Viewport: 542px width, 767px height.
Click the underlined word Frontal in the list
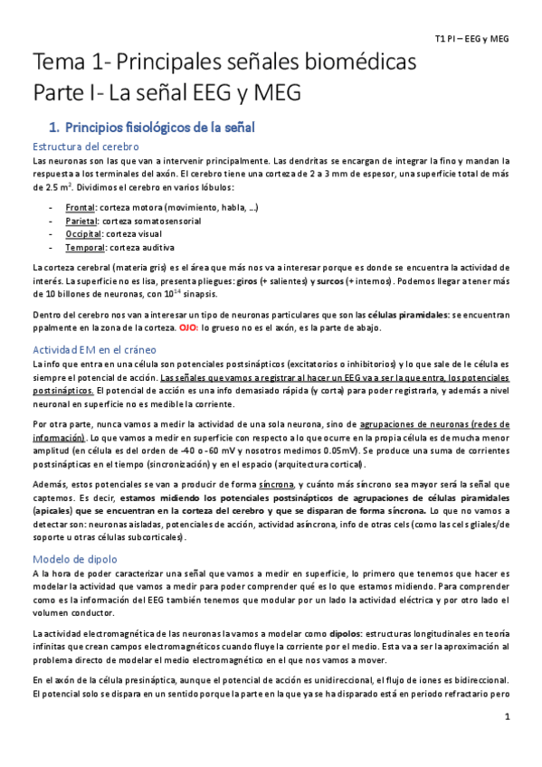click(x=81, y=208)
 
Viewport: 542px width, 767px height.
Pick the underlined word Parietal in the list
click(x=82, y=221)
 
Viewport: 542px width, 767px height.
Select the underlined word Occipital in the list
click(x=83, y=233)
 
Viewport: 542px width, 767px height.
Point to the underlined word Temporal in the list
click(x=85, y=247)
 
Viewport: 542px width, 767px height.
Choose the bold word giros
click(x=247, y=281)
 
